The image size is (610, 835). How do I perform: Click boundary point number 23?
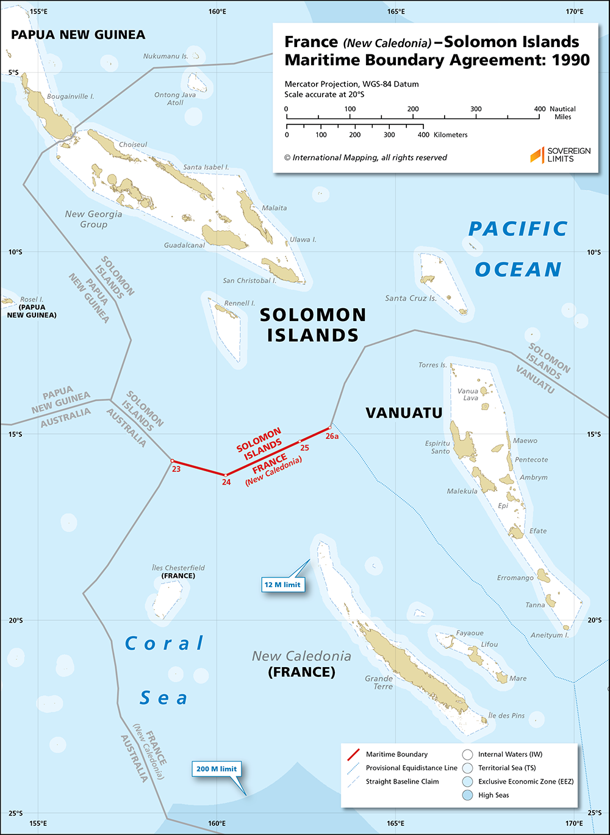pos(172,461)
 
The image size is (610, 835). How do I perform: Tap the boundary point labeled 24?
pos(226,475)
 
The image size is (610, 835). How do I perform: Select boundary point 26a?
pos(330,427)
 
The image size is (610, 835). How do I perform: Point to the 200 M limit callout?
pos(216,768)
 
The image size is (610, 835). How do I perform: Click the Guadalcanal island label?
pos(184,245)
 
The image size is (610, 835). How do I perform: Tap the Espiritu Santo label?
pos(437,447)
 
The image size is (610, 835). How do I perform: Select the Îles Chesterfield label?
pos(178,568)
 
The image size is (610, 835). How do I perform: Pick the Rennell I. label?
pos(240,303)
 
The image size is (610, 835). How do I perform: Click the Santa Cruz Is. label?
pos(411,298)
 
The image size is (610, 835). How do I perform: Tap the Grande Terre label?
pos(379,682)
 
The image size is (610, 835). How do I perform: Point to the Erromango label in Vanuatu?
pos(515,577)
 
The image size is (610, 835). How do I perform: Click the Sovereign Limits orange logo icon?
pos(536,155)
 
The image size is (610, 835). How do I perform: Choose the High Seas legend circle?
pos(467,795)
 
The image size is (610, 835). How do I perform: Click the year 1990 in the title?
pos(569,60)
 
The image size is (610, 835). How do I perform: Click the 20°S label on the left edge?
pos(15,621)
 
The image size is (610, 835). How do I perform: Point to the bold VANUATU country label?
pos(404,413)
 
